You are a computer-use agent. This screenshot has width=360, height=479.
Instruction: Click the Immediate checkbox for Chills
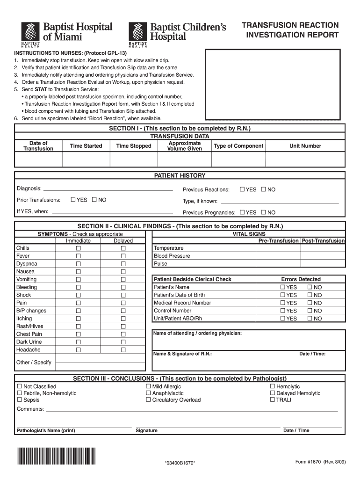point(79,248)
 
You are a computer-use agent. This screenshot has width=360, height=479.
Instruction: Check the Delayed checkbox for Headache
point(123,350)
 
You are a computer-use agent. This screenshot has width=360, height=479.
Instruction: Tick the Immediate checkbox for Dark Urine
point(79,342)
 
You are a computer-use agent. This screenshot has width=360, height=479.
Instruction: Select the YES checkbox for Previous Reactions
point(242,189)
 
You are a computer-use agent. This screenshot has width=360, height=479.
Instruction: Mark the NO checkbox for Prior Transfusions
point(94,200)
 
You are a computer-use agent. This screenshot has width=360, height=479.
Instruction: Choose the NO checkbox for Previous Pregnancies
point(264,212)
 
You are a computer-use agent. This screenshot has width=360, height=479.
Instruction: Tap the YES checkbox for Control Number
point(283,311)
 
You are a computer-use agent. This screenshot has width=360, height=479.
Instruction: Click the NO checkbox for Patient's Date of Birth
point(310,295)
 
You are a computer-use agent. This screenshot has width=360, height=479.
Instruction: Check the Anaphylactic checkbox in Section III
point(148,393)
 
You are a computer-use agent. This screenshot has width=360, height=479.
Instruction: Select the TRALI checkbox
point(272,400)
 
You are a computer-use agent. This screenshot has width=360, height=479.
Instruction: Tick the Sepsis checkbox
point(20,400)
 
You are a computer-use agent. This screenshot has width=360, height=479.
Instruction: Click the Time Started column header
point(86,146)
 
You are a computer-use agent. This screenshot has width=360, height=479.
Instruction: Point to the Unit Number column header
point(305,146)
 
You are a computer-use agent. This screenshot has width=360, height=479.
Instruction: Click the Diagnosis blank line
point(108,190)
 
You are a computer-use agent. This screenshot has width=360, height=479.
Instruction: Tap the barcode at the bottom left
point(56,456)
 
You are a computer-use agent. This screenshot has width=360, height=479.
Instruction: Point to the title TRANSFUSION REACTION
point(290,25)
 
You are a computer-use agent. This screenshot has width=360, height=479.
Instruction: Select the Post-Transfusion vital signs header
point(323,241)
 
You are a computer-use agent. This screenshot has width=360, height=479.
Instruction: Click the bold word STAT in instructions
point(41,89)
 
